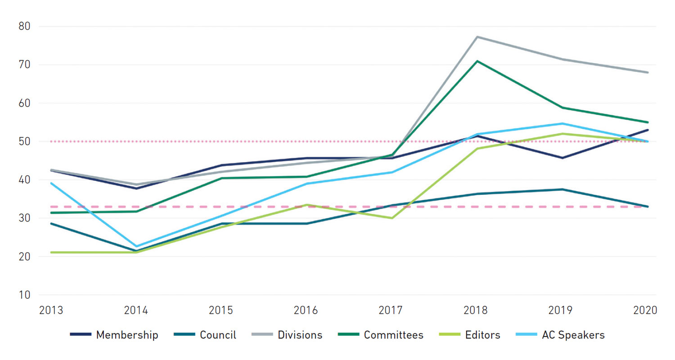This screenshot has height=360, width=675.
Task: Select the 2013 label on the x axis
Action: (x=51, y=311)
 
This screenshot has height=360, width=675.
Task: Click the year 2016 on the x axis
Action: (x=306, y=311)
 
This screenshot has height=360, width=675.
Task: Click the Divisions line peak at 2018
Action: (x=477, y=37)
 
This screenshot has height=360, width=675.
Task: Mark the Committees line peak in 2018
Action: (x=477, y=61)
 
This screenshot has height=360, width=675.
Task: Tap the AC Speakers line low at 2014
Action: (x=136, y=247)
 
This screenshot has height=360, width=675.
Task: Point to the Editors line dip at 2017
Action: (x=392, y=218)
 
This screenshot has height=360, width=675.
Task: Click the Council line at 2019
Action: (x=562, y=189)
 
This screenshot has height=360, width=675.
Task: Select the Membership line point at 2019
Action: (x=562, y=158)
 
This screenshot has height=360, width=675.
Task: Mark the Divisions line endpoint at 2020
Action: (x=647, y=72)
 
